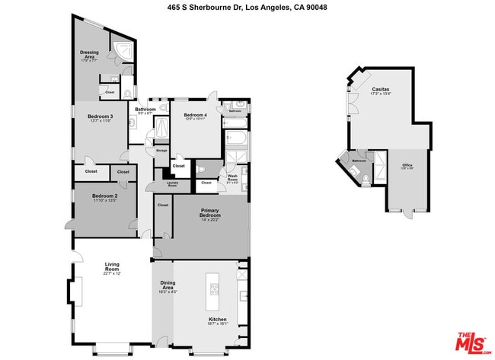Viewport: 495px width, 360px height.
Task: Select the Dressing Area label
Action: (89, 55)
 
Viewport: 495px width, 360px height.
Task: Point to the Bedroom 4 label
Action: (195, 116)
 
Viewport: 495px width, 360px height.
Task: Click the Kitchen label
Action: (218, 320)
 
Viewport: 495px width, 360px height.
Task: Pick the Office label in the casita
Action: (407, 166)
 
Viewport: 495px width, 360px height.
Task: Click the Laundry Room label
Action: (172, 183)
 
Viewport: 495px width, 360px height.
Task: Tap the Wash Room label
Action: (232, 179)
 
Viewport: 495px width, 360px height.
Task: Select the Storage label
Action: (161, 151)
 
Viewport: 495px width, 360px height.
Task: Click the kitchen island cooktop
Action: (213, 288)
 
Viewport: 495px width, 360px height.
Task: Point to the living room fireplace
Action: (76, 291)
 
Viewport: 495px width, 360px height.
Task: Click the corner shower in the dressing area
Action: (123, 51)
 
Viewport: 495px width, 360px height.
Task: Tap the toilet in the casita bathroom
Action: (366, 179)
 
